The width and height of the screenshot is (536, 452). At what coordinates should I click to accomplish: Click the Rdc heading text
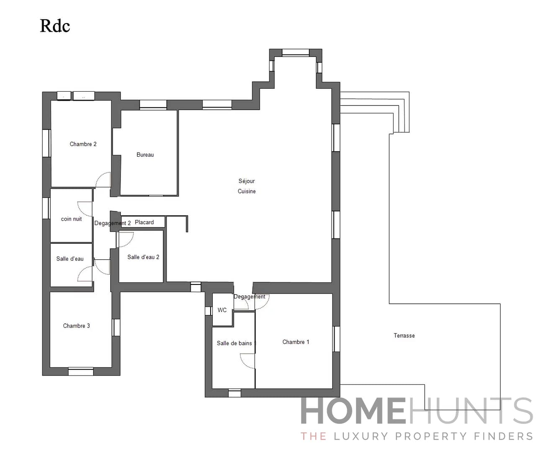click(55, 26)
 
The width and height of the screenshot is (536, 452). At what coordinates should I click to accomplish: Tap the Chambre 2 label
click(83, 144)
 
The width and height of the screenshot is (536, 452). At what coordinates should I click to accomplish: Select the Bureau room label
click(145, 155)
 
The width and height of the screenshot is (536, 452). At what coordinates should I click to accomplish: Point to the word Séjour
click(247, 181)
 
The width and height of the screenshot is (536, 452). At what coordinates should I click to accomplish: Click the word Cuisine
click(247, 191)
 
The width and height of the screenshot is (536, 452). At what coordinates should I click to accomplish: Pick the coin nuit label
click(72, 219)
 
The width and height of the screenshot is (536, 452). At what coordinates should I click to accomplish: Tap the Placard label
click(144, 222)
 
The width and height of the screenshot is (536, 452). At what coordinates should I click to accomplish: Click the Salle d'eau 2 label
click(143, 257)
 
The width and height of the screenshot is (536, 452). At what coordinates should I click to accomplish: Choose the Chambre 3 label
click(76, 326)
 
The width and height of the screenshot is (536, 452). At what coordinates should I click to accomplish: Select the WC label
click(222, 310)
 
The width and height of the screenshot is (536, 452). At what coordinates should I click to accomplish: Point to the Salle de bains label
click(234, 343)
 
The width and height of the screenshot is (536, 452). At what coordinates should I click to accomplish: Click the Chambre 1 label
click(296, 342)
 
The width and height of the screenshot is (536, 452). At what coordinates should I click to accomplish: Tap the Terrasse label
click(404, 336)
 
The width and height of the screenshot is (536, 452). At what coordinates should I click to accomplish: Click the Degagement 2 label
click(112, 223)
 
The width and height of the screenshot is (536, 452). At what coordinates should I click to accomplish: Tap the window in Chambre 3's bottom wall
click(81, 371)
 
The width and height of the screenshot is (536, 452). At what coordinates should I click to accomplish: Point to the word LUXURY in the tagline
click(361, 437)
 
